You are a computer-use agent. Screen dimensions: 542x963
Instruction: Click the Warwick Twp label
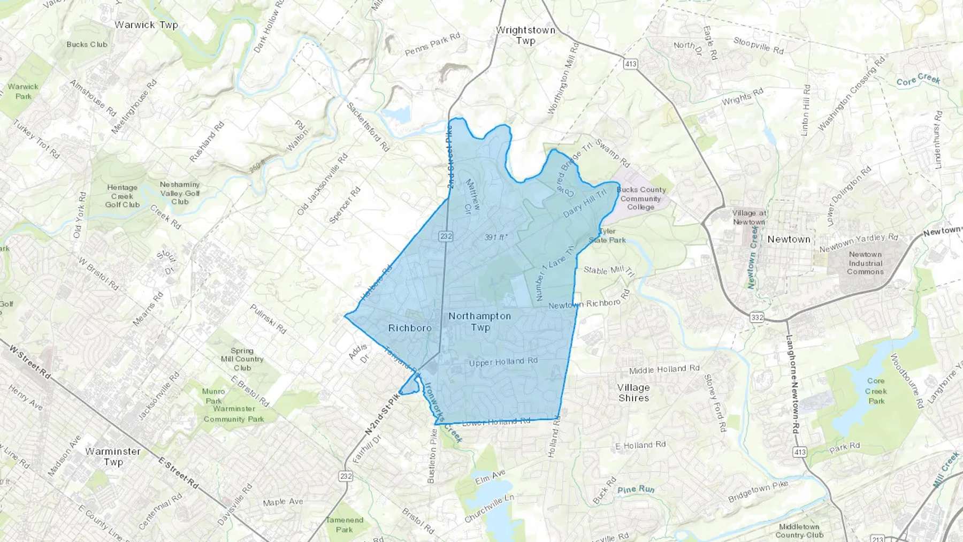146,25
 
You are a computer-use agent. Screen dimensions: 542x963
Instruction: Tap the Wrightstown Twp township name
525,35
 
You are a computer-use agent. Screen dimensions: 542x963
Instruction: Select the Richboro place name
410,328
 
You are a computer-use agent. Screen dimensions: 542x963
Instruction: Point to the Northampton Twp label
480,322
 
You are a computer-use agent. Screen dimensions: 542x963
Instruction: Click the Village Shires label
633,393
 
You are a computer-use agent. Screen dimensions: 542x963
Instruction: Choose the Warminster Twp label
113,456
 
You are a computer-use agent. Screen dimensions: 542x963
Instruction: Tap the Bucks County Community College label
641,198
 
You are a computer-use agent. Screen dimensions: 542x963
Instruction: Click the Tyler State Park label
608,236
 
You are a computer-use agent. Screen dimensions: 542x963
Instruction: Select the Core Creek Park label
876,391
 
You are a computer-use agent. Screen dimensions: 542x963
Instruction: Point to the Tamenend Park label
345,524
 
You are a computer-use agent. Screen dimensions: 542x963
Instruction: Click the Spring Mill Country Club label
242,359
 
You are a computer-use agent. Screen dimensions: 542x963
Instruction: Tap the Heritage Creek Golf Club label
122,196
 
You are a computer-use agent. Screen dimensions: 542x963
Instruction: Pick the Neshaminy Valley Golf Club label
180,193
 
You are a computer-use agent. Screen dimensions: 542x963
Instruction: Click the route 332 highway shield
756,317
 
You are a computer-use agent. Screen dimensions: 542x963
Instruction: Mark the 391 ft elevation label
496,236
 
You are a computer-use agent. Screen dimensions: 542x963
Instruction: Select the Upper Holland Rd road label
503,362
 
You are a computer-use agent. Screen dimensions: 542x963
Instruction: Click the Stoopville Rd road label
758,45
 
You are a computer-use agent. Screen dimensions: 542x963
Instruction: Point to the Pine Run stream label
636,489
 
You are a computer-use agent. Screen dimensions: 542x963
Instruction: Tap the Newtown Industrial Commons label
865,263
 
